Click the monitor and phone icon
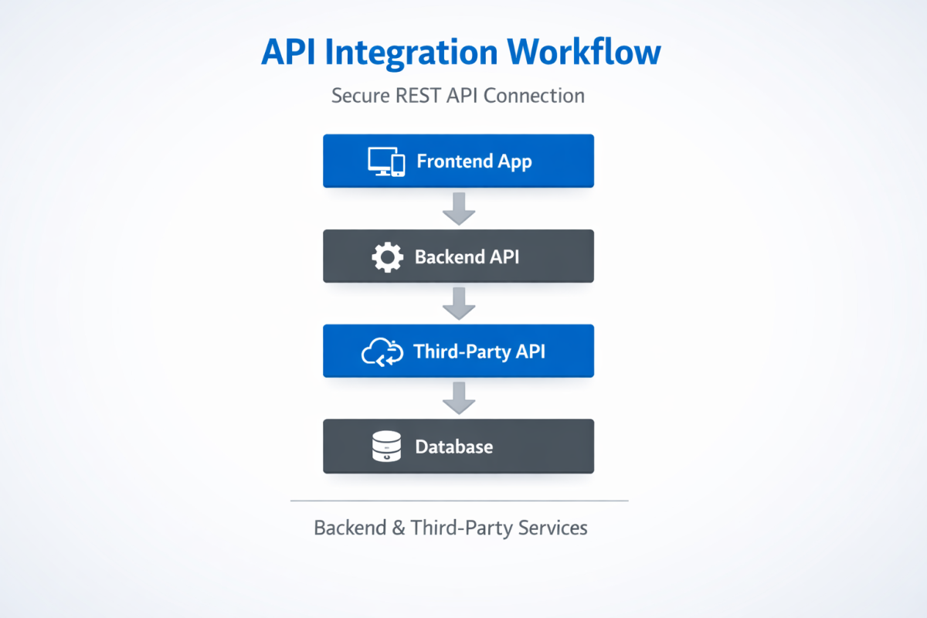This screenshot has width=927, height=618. click(x=386, y=161)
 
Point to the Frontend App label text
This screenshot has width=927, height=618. click(x=474, y=161)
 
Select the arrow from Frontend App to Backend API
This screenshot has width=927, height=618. click(x=459, y=209)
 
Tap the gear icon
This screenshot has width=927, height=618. click(x=387, y=257)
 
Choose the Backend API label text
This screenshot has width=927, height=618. click(x=467, y=256)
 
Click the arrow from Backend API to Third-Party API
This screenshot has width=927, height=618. click(x=459, y=304)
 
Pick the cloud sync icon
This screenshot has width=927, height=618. click(x=383, y=352)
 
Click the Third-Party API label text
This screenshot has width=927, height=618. click(x=479, y=351)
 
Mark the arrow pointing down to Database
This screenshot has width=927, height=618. click(x=459, y=399)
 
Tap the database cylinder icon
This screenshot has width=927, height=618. click(x=387, y=447)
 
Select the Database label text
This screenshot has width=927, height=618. click(x=453, y=447)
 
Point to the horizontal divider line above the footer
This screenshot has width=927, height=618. click(x=459, y=501)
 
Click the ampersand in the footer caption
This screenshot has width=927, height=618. click(x=399, y=528)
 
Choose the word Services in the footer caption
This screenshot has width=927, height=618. click(x=552, y=528)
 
